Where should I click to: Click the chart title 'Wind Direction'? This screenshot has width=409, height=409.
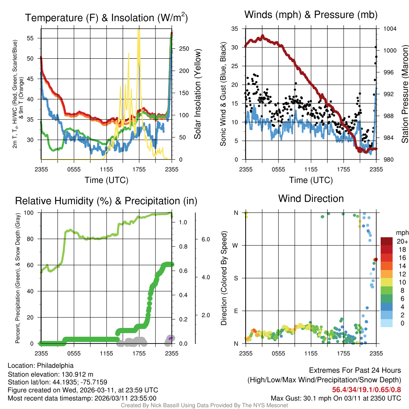(311, 199)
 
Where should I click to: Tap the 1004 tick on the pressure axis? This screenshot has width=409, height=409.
(389, 29)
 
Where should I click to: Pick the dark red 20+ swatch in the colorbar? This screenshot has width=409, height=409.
(387, 241)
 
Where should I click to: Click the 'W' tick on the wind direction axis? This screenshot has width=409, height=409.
(236, 245)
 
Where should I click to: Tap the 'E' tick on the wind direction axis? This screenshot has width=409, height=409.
(236, 311)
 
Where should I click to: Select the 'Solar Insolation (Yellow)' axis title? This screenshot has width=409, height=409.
(197, 94)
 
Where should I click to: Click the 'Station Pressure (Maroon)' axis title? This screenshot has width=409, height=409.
(404, 94)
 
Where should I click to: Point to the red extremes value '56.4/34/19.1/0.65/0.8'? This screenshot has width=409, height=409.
(366, 390)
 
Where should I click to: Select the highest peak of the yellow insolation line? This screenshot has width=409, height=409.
(139, 31)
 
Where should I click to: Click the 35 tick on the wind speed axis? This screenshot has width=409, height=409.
(235, 29)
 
